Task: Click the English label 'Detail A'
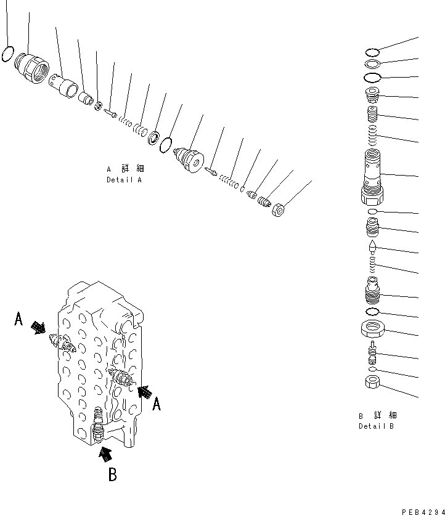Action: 124,180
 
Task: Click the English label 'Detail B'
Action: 376,426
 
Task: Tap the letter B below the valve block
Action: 113,475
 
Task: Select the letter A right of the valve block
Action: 157,403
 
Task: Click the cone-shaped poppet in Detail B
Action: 373,248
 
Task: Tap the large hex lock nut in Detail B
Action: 373,329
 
